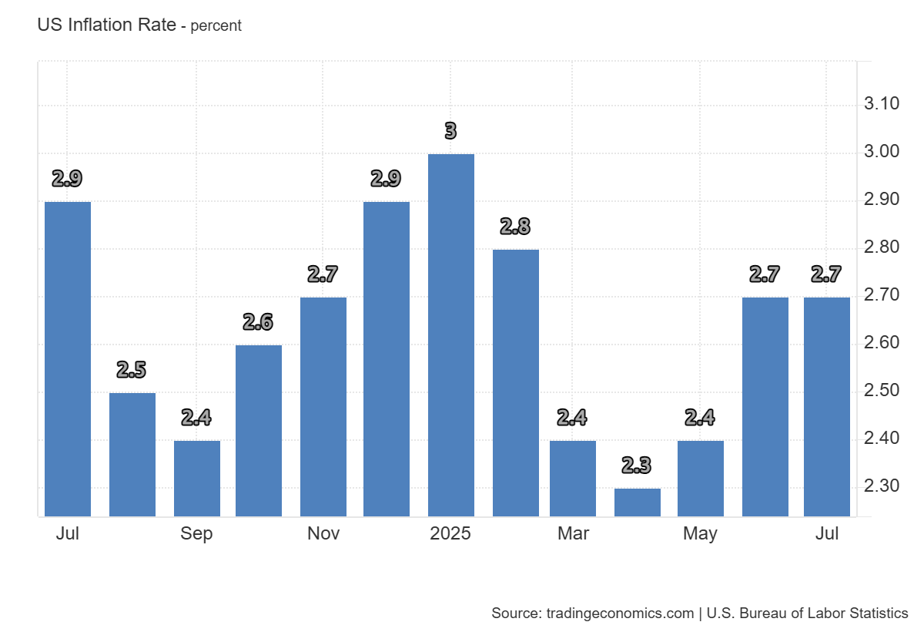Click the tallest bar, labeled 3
451,334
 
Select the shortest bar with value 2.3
638,502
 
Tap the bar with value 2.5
132,454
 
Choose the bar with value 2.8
516,382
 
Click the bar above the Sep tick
197,478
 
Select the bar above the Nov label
323,406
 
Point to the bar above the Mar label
573,478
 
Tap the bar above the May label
701,478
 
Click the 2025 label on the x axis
451,533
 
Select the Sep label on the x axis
197,533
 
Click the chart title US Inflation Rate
105,25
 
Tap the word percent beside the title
216,25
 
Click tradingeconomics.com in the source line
620,614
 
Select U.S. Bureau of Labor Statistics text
807,614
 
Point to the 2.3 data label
637,466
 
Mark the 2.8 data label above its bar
515,227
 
